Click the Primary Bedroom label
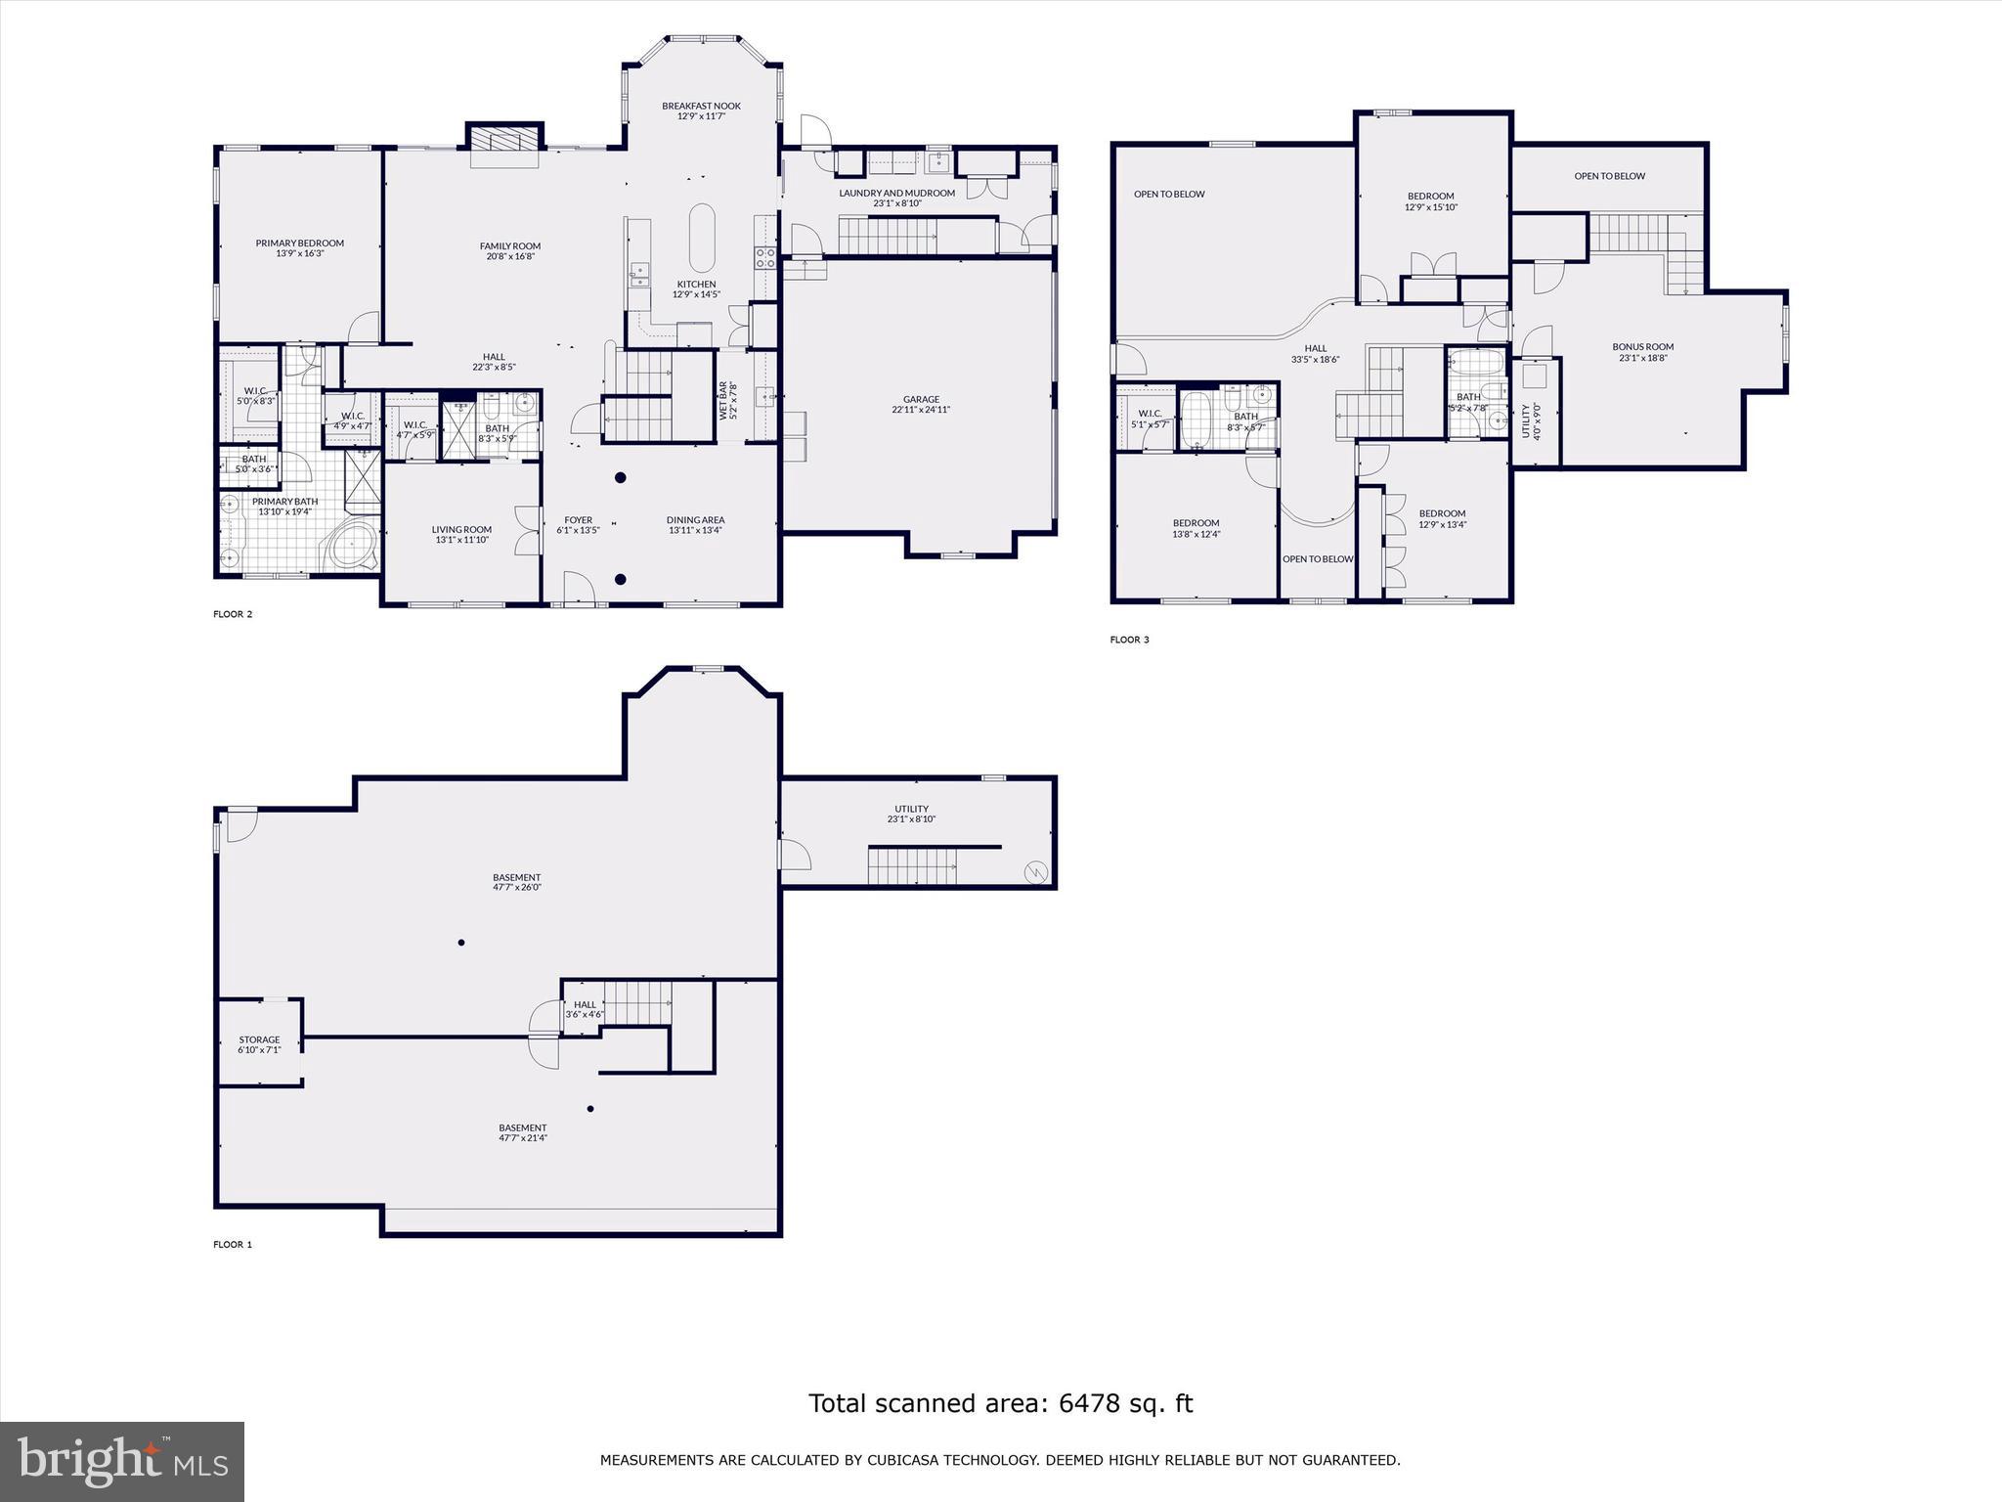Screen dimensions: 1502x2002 click(299, 243)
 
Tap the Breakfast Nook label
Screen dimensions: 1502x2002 click(701, 106)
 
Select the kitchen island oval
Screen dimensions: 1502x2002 click(702, 238)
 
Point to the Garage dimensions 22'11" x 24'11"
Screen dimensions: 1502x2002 click(920, 410)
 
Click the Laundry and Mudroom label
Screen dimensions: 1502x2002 click(896, 193)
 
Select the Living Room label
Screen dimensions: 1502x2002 click(461, 529)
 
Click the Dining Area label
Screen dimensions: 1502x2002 click(695, 519)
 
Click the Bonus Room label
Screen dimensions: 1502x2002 click(1642, 346)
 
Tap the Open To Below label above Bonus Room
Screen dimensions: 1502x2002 click(1609, 176)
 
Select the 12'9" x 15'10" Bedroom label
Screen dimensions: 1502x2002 click(1430, 196)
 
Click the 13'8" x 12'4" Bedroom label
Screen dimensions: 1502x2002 click(1196, 522)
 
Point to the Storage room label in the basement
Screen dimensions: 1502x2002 click(259, 1039)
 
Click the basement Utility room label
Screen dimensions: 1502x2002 click(911, 809)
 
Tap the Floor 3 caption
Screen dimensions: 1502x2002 click(1129, 640)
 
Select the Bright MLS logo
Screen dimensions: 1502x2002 click(122, 1461)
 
